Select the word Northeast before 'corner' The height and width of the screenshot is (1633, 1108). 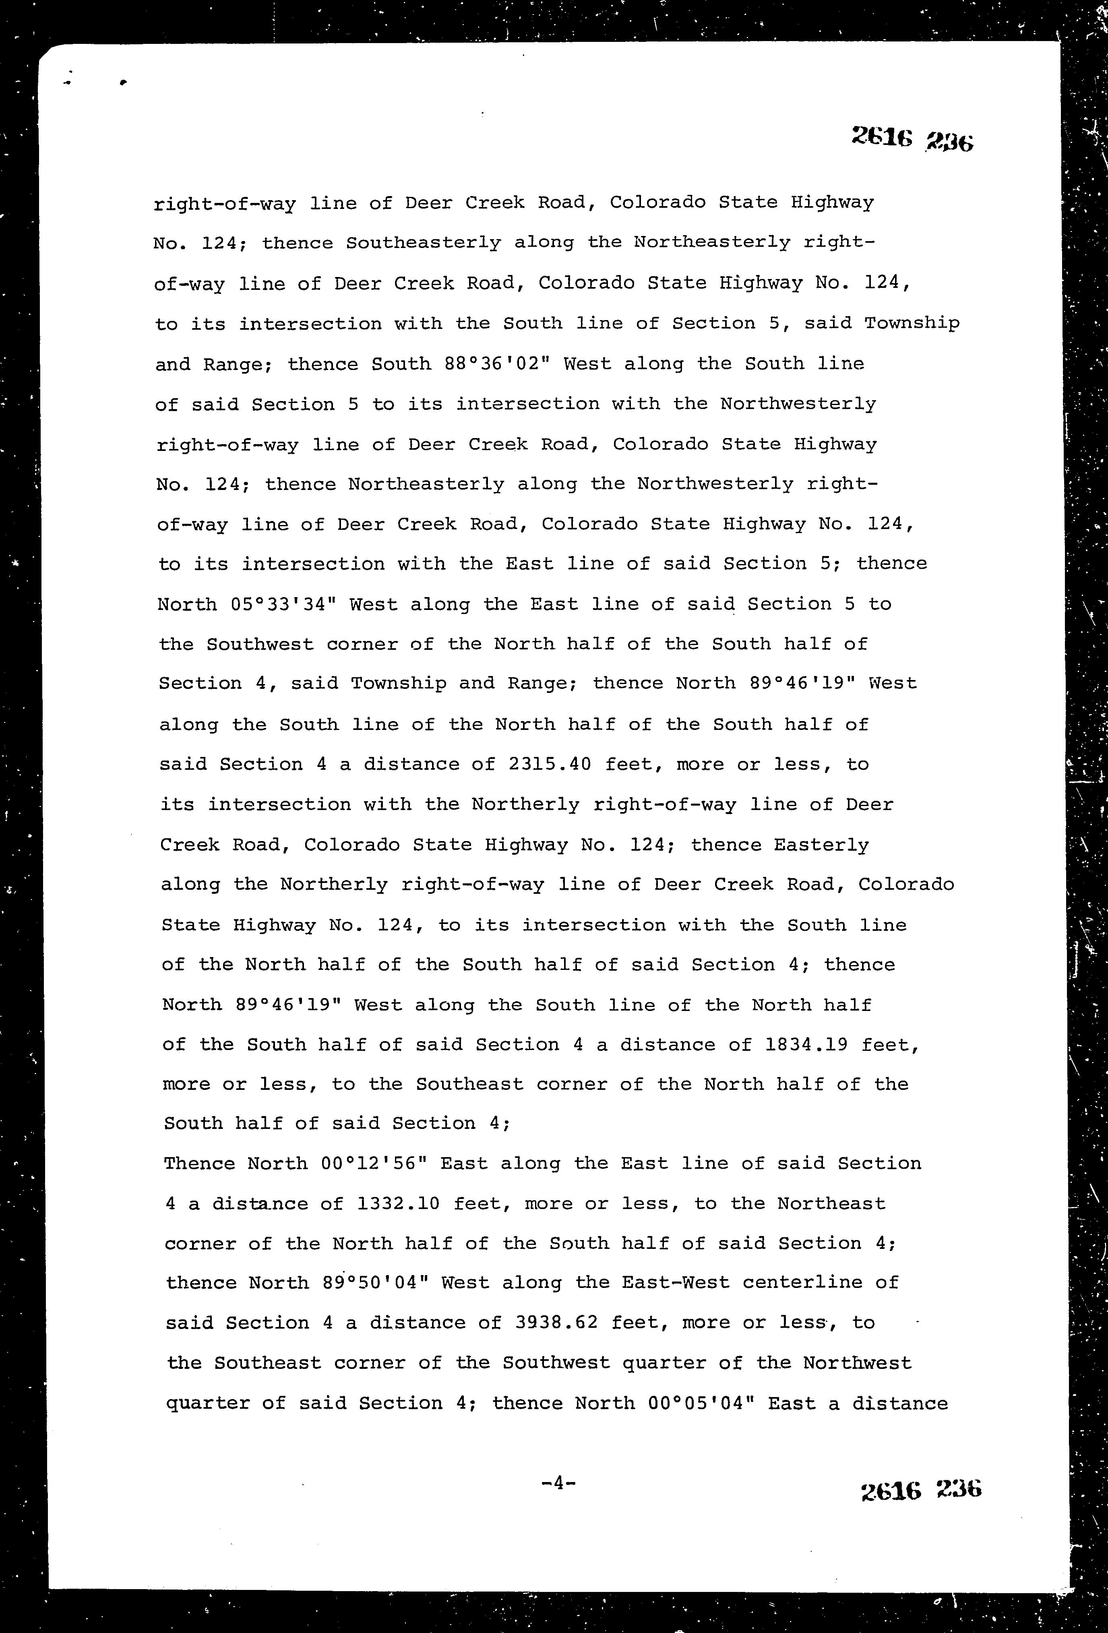[x=831, y=1204]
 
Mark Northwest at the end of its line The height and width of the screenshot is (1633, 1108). [x=857, y=1364]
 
